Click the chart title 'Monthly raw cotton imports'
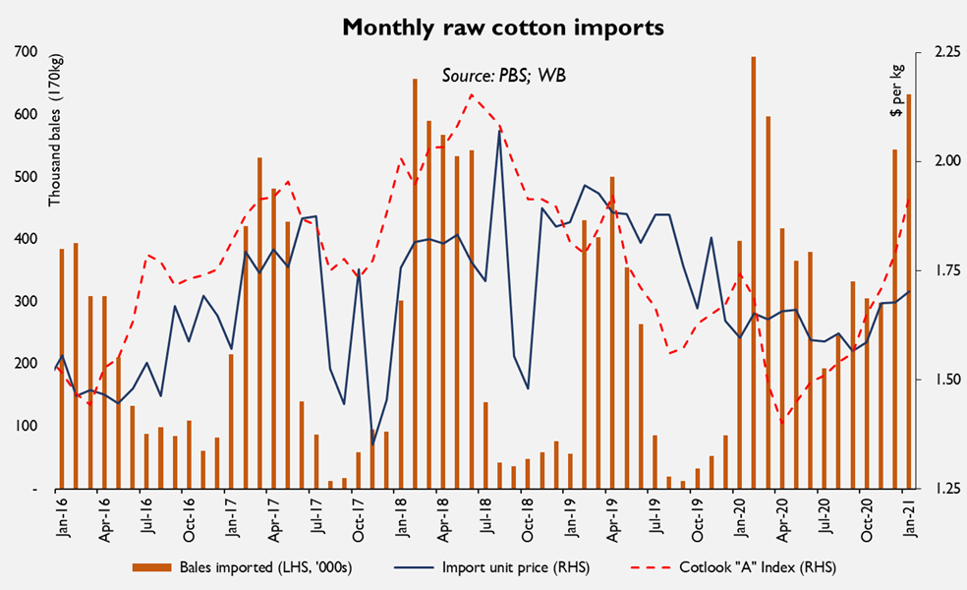502,28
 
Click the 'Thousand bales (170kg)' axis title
55,147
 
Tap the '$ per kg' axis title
896,91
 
